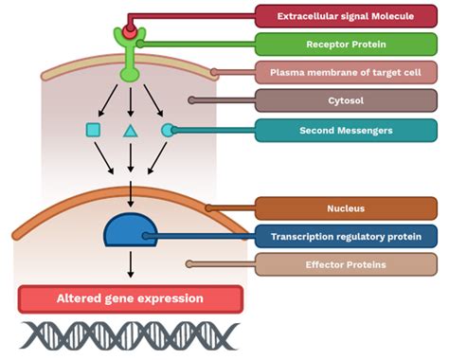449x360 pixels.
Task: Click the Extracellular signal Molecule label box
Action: (x=346, y=16)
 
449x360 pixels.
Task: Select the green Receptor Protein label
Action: (x=346, y=45)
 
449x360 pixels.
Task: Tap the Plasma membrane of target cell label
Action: (x=346, y=72)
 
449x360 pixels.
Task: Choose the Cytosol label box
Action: (x=346, y=100)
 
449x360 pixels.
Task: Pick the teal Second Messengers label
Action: (x=346, y=131)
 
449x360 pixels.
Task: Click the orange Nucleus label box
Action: (x=346, y=208)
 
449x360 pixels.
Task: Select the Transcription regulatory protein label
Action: (x=346, y=237)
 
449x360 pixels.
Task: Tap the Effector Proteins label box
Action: (x=346, y=264)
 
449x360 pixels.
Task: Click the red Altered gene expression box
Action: (x=131, y=299)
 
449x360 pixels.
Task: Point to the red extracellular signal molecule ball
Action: (x=130, y=32)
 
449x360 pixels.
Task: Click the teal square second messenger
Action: (x=93, y=130)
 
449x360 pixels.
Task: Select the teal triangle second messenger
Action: (x=131, y=131)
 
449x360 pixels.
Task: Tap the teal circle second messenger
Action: (x=168, y=130)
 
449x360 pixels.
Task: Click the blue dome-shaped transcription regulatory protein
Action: (x=131, y=230)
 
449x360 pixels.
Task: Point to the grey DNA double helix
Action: (x=130, y=335)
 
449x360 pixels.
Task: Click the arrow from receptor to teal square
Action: (x=108, y=100)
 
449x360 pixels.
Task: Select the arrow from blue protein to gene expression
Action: (x=131, y=264)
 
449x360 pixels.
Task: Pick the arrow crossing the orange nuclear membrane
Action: (x=131, y=194)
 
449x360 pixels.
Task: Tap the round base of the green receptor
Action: (x=130, y=75)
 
